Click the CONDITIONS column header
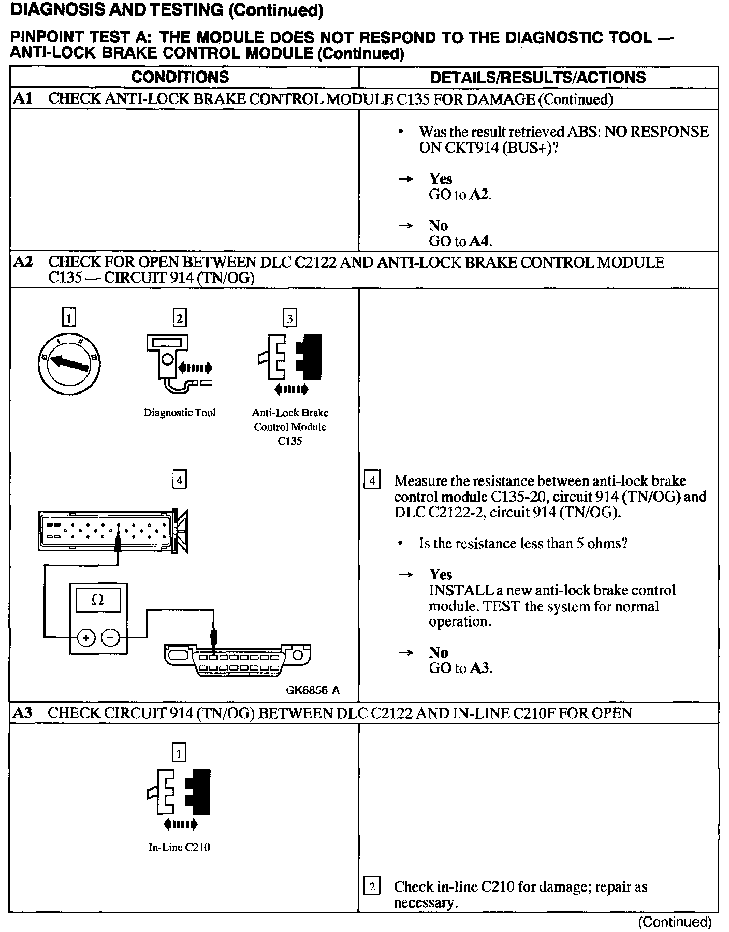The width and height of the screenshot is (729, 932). click(180, 77)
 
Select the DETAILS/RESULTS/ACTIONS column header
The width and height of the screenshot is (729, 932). click(538, 78)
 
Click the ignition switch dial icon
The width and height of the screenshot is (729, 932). click(69, 364)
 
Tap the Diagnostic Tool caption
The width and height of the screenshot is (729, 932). click(179, 413)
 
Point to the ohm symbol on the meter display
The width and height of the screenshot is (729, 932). click(97, 600)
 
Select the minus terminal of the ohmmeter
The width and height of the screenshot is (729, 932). click(109, 638)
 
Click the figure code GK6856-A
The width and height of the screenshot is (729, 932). click(313, 690)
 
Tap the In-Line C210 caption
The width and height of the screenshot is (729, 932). click(179, 848)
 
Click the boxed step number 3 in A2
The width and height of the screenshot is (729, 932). click(290, 318)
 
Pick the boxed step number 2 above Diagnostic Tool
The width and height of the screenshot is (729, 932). click(179, 318)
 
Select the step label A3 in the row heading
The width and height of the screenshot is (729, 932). click(22, 713)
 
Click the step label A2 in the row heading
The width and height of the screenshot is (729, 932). click(22, 262)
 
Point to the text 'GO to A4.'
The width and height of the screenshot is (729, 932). click(460, 241)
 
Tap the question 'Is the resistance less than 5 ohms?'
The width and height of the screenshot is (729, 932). click(523, 544)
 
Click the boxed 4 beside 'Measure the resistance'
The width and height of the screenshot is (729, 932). click(372, 480)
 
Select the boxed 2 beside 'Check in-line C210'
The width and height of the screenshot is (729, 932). click(372, 887)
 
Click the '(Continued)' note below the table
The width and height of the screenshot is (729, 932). click(674, 922)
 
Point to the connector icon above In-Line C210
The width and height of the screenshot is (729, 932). click(179, 793)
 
